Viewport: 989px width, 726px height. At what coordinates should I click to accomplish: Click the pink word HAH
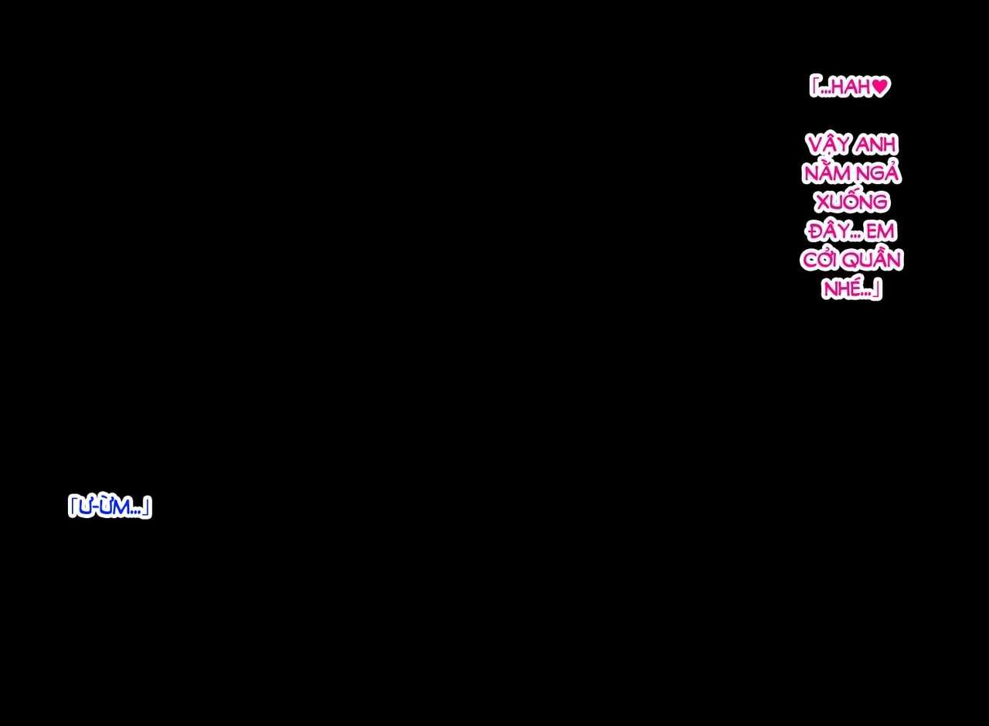[851, 87]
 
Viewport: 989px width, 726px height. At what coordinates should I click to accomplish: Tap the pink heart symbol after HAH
[881, 87]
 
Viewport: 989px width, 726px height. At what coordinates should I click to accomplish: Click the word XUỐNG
[851, 202]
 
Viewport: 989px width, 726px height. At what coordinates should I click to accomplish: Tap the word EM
[881, 231]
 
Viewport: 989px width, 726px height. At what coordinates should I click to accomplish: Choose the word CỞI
[823, 260]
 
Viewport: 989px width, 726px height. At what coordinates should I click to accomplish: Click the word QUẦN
[875, 260]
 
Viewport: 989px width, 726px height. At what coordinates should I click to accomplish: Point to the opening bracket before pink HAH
[814, 86]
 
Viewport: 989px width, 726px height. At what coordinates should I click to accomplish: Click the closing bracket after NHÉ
[877, 291]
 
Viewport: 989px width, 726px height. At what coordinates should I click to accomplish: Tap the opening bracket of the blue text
[72, 506]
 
